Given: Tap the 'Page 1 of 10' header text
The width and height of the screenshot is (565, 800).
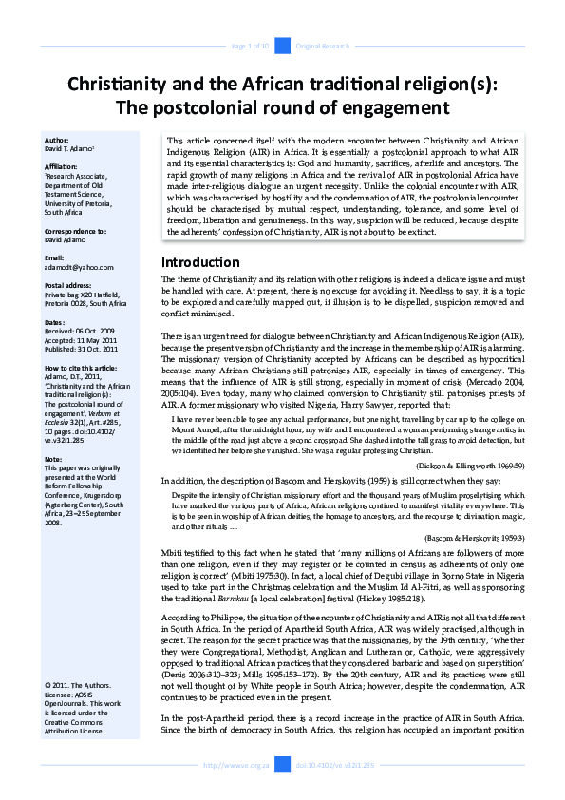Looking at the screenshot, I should coord(252,46).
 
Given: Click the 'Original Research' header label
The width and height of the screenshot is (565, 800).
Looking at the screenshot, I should coord(325,46).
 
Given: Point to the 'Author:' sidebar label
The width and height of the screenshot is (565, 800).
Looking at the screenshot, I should coord(58,140).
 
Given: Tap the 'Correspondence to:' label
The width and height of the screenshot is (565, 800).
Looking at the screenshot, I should coord(76,231).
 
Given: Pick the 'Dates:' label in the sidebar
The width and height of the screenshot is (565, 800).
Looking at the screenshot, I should coord(56,322).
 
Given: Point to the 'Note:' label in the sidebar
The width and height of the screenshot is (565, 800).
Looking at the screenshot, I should coord(54,458).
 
